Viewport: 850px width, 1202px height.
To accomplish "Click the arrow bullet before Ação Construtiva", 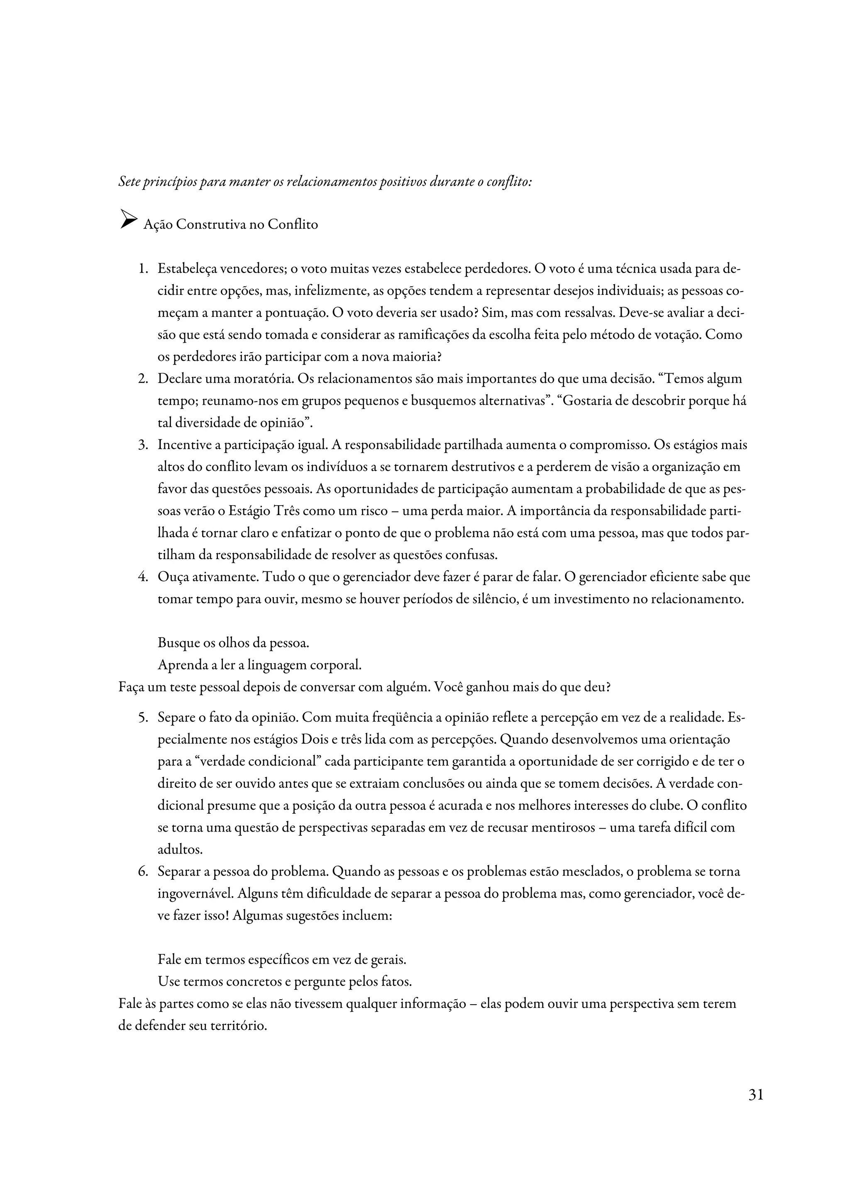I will coord(128,219).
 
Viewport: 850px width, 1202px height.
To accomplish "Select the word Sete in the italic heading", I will coord(129,182).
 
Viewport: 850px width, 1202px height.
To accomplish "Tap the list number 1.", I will coord(142,269).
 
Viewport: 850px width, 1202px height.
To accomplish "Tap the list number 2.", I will coord(142,379).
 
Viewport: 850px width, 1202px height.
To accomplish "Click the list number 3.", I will coord(142,445).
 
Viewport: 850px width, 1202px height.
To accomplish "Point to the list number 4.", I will coord(142,577).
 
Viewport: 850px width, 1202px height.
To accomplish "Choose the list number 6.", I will coord(142,872).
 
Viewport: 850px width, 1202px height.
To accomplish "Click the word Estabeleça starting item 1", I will coord(188,269).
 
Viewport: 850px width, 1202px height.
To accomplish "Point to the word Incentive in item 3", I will coord(182,445).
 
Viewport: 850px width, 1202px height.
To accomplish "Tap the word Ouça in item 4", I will coord(172,577).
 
